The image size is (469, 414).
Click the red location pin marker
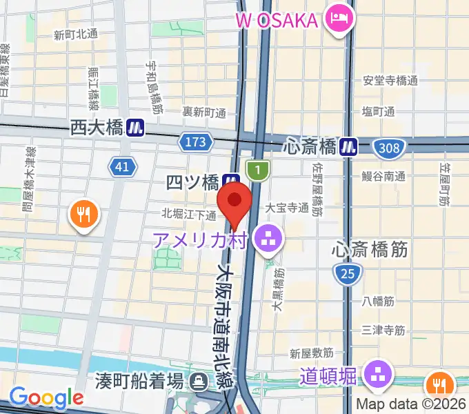[x=234, y=201]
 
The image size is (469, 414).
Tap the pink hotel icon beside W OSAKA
[x=338, y=18]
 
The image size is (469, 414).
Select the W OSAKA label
[x=279, y=20]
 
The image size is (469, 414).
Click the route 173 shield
[x=195, y=142]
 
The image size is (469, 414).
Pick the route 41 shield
[x=122, y=166]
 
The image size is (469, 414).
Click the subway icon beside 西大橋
[x=135, y=128]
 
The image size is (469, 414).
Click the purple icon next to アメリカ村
[x=265, y=239]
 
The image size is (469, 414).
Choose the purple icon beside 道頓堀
[x=377, y=375]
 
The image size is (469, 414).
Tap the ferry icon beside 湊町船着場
[x=199, y=380]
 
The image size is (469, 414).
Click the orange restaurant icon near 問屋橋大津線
[x=83, y=215]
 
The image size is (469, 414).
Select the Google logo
[x=46, y=397]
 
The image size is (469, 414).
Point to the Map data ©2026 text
[x=412, y=404]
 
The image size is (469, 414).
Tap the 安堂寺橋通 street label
[x=390, y=81]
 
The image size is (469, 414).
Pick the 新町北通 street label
[x=75, y=34]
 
